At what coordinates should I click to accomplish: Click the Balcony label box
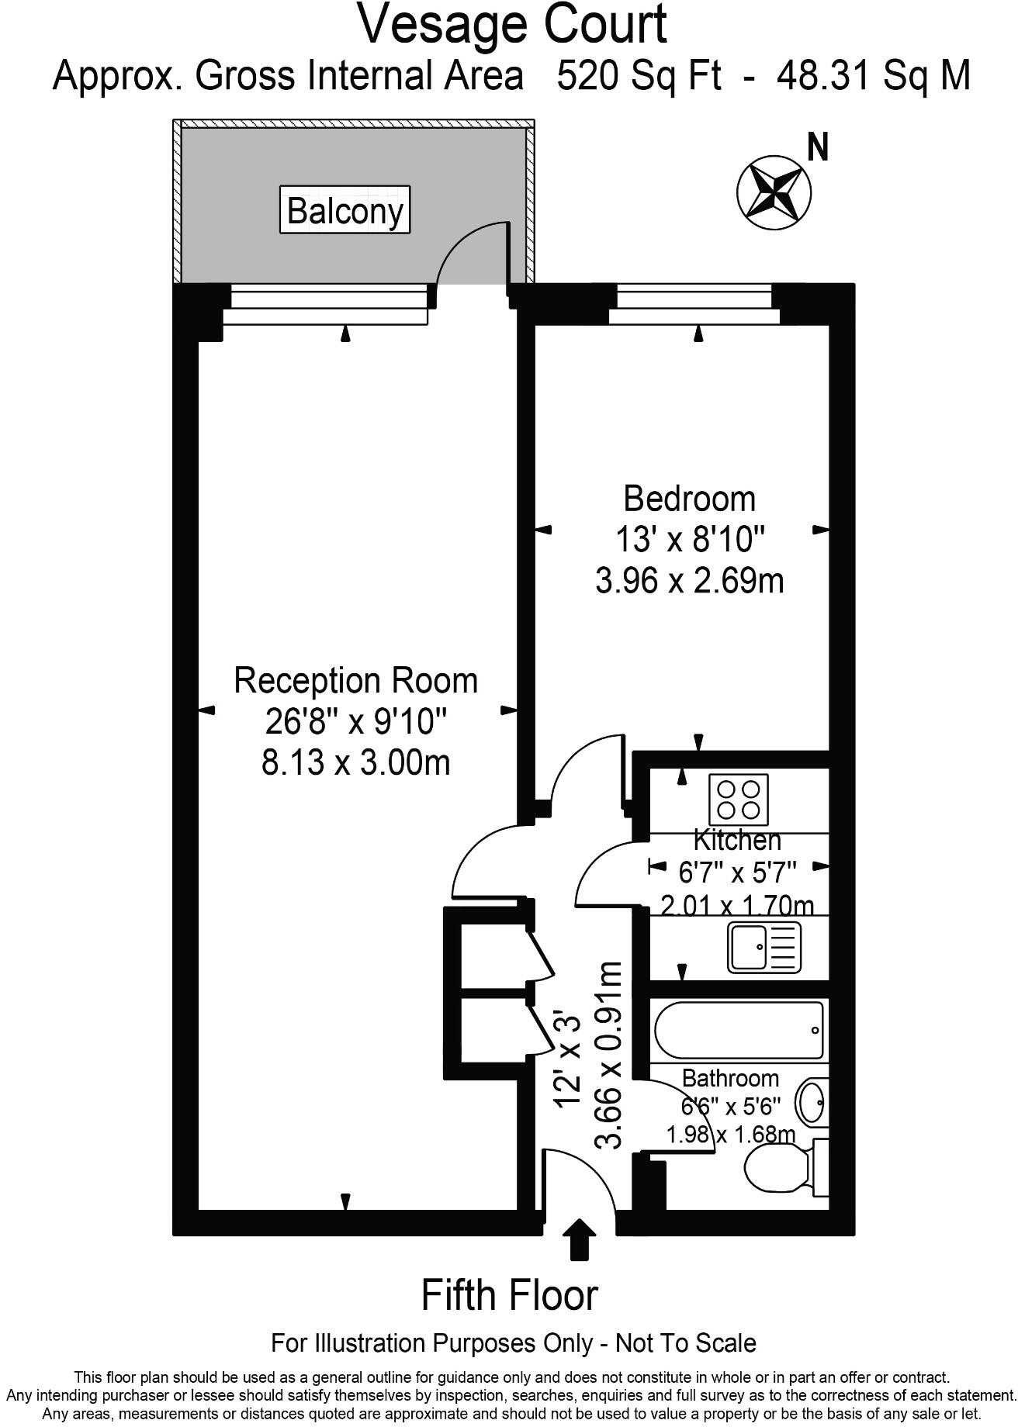[x=345, y=210]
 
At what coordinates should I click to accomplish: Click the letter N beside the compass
[x=818, y=147]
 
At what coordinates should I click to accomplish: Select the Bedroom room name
[x=689, y=499]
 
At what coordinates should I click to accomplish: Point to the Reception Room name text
[x=356, y=681]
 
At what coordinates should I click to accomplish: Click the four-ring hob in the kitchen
[x=739, y=800]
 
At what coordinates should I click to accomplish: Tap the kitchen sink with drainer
[x=763, y=947]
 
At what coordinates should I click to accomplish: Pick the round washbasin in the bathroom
[x=812, y=1102]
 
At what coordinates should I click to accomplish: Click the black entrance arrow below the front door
[x=579, y=1240]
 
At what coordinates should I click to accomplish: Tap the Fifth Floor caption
[x=510, y=1296]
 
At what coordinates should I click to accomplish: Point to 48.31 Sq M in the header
[x=874, y=76]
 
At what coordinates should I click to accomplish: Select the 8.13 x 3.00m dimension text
[x=356, y=763]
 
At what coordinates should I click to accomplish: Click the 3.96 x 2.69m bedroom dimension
[x=689, y=581]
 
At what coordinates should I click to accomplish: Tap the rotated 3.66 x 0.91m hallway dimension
[x=608, y=1055]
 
